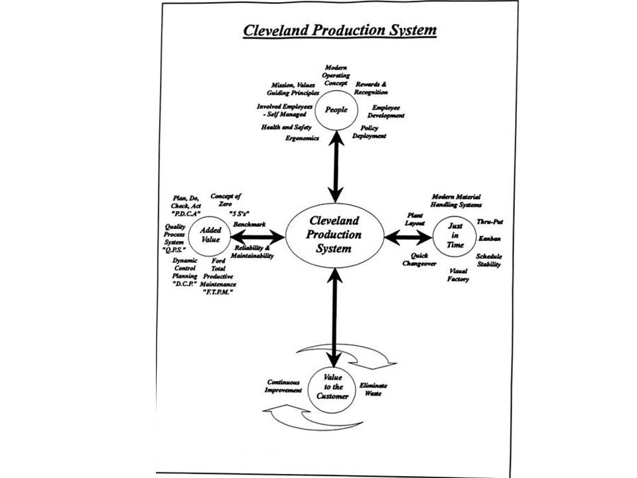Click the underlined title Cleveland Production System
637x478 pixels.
pos(339,31)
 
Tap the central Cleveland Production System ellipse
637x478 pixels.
pos(334,234)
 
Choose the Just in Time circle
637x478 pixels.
pos(455,235)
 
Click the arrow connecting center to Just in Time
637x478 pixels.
pos(409,236)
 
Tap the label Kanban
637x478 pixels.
pos(490,238)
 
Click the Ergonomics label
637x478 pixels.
pos(303,138)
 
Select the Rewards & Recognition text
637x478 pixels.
pos(371,88)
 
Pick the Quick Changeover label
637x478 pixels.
pos(419,260)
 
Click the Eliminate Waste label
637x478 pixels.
pos(374,390)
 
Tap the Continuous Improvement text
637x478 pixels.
pos(284,386)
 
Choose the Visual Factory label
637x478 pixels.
pos(459,275)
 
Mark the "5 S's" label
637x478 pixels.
pos(238,214)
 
